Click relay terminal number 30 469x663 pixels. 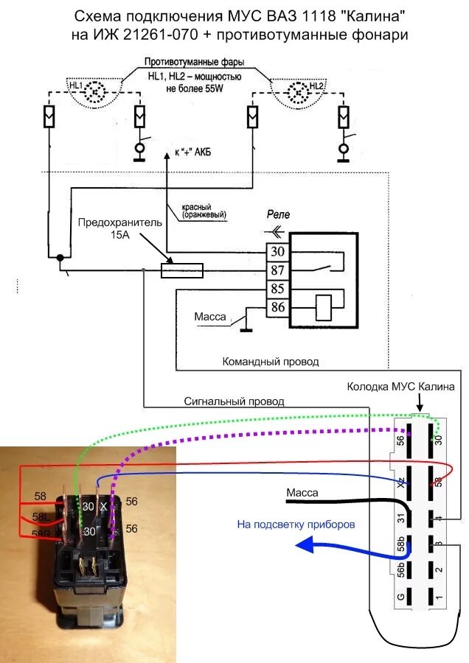[x=277, y=252]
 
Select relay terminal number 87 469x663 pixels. [x=277, y=270]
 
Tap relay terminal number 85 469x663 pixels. [x=277, y=289]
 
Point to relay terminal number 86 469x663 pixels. [x=277, y=307]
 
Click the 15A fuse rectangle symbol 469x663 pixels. [x=182, y=270]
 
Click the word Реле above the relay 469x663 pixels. [x=278, y=214]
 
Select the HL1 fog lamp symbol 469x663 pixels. [x=95, y=90]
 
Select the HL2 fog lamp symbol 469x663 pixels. [x=299, y=90]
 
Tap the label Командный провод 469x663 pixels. [x=271, y=362]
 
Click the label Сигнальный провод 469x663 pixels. [x=234, y=401]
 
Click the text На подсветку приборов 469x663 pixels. [x=296, y=525]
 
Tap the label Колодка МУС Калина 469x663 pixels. [x=401, y=387]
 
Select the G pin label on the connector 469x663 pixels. [x=400, y=597]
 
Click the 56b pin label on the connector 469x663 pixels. [x=400, y=569]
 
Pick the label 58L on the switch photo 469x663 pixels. [x=41, y=516]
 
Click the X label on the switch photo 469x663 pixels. [x=104, y=505]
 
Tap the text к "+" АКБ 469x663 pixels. [x=193, y=152]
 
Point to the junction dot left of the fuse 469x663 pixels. [x=60, y=257]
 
